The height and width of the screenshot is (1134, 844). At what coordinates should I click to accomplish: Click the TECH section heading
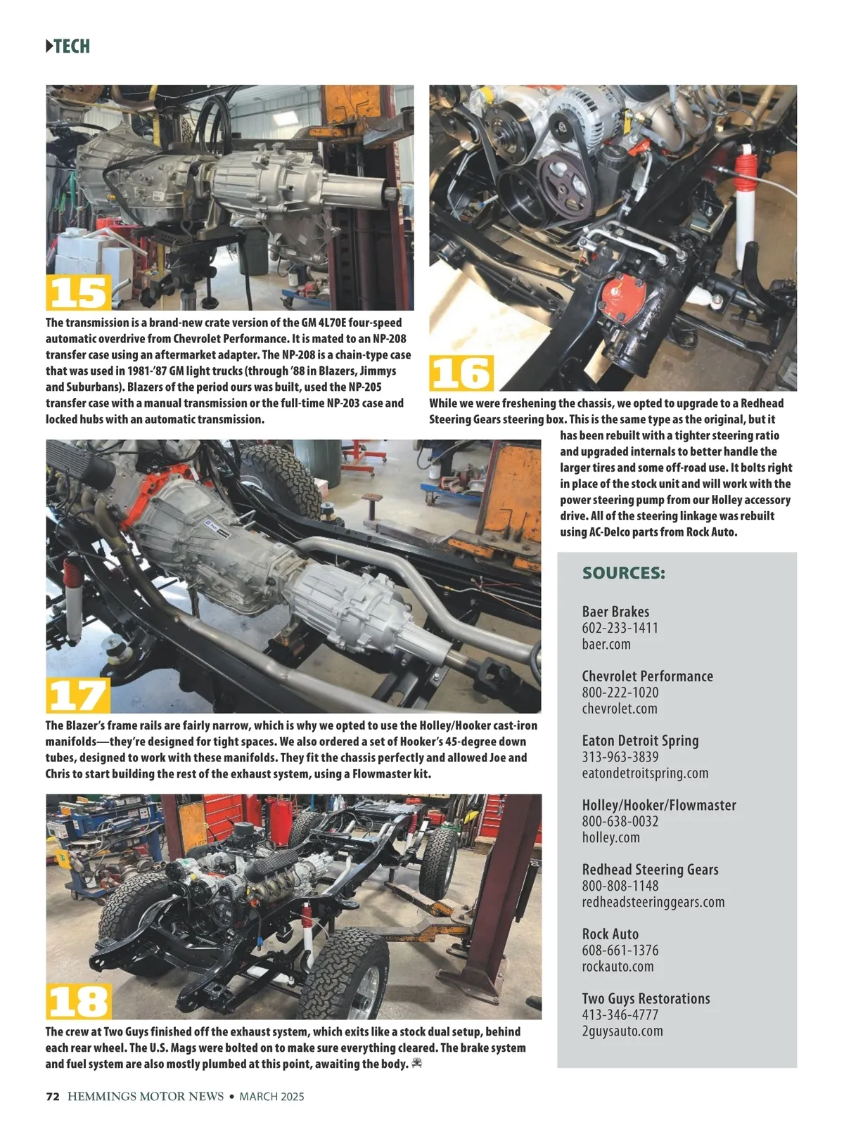tap(68, 46)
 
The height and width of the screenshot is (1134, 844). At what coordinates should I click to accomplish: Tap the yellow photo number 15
tap(79, 292)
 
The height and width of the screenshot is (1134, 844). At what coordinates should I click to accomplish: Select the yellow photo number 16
tap(461, 373)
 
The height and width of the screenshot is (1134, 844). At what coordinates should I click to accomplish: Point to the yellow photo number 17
tap(78, 695)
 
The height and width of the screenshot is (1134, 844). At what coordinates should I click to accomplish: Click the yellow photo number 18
tap(79, 1001)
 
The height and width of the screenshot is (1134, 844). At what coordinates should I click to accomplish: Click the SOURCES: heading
tap(624, 573)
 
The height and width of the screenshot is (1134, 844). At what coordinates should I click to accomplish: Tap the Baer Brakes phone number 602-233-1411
tap(620, 628)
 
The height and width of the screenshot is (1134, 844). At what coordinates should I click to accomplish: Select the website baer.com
tap(606, 644)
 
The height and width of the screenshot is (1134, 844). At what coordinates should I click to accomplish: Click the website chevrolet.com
tap(620, 709)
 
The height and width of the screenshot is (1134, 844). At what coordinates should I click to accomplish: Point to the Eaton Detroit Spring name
tap(641, 741)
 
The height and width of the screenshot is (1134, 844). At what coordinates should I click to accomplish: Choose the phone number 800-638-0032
tap(620, 821)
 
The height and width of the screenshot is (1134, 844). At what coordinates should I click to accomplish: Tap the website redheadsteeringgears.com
tap(653, 903)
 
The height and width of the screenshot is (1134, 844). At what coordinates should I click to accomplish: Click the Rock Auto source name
tap(610, 934)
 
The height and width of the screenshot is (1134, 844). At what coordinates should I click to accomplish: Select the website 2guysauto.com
tap(622, 1031)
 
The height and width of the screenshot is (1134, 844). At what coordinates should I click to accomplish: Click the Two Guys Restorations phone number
tap(620, 1015)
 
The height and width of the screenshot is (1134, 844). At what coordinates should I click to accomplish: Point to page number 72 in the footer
tap(53, 1096)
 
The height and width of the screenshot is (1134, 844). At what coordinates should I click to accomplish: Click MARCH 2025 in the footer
tap(271, 1096)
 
